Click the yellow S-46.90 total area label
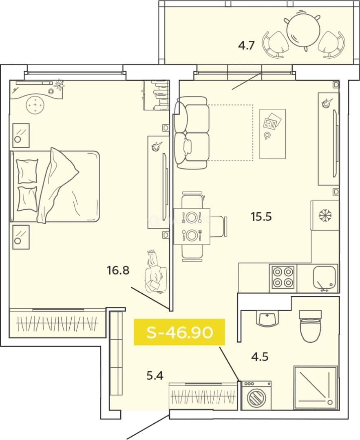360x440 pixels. (179, 332)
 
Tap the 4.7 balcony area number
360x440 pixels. (246, 45)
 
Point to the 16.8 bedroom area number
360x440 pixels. (118, 270)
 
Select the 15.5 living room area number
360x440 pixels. (261, 217)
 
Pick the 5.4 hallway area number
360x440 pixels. (155, 375)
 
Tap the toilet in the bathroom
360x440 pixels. (310, 326)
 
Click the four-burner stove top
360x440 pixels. (283, 278)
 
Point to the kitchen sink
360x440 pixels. (325, 277)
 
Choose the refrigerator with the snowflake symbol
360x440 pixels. (325, 216)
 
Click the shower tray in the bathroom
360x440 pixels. (316, 388)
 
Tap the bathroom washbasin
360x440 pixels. (268, 318)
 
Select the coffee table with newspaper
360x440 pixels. (273, 134)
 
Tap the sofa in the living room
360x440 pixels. (192, 133)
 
